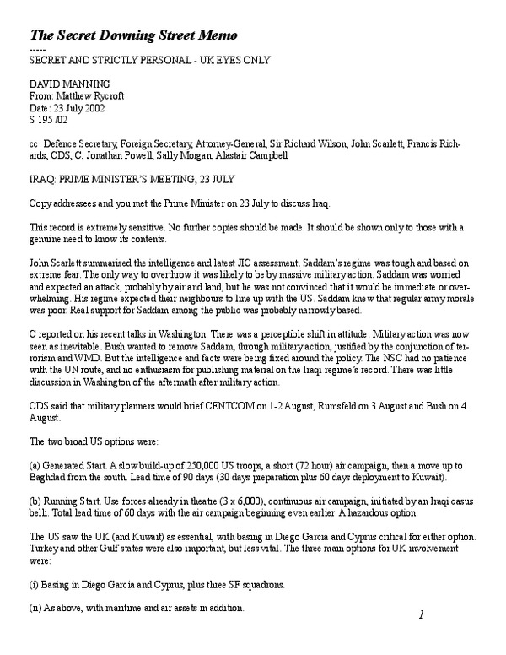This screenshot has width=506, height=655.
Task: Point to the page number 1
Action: pyautogui.click(x=420, y=615)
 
